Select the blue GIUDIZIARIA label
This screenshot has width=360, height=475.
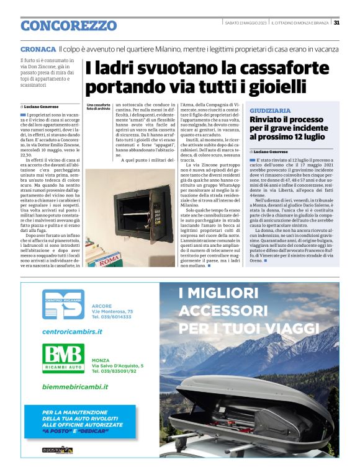coord(270,110)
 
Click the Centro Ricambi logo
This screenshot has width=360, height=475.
coord(63,305)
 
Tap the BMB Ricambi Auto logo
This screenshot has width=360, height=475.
coord(63,358)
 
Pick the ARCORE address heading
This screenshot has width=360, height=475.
coord(102,306)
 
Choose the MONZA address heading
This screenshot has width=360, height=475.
coord(101,360)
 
